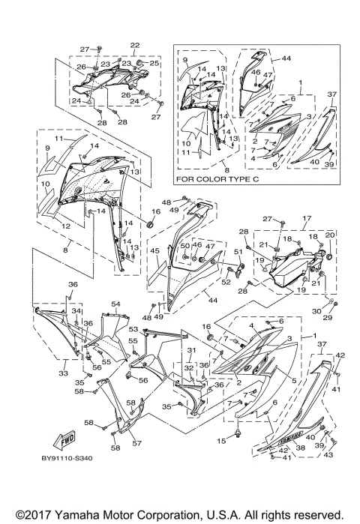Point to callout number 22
[x=135, y=46]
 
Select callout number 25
[x=154, y=64]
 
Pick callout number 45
[x=154, y=250]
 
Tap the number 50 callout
[x=184, y=246]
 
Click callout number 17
[x=306, y=219]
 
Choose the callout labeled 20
[x=329, y=235]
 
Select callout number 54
[x=116, y=304]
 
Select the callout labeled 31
[x=191, y=351]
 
